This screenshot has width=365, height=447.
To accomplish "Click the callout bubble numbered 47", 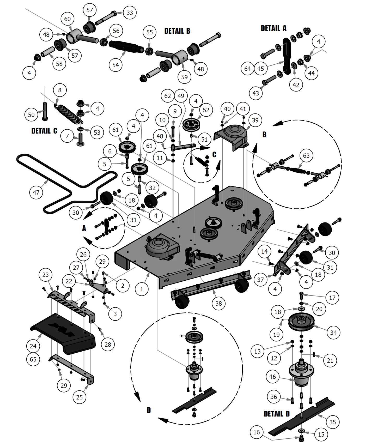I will (x=36, y=193).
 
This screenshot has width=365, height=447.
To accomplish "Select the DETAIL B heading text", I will (x=177, y=31).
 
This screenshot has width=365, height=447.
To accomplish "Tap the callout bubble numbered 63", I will (x=306, y=156).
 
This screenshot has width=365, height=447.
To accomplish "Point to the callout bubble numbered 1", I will (x=142, y=289).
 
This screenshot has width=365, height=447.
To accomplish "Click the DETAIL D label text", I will (x=277, y=414).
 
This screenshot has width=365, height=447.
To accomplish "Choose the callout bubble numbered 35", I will (x=333, y=422).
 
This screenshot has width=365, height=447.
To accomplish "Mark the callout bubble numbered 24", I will (x=33, y=346).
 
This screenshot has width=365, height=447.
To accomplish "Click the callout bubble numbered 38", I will (x=218, y=303).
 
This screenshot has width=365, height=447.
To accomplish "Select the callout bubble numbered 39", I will (x=255, y=120).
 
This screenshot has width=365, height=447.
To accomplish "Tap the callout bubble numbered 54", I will (x=115, y=65).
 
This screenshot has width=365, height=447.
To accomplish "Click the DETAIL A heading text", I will (x=273, y=28).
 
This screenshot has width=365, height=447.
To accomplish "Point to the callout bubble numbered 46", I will (x=272, y=377).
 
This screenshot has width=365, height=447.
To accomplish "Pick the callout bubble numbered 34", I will (x=333, y=333).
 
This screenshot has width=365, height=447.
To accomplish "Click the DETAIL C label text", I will (x=44, y=131).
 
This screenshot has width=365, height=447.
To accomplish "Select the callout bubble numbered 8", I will (x=60, y=90).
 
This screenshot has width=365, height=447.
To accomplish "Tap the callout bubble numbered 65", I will (x=33, y=359).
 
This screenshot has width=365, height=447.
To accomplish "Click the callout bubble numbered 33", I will (x=130, y=13).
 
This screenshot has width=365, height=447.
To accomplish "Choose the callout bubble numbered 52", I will (x=206, y=110).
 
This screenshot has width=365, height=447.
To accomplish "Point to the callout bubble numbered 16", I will (x=257, y=432).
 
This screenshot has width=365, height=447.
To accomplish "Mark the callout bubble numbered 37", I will (x=260, y=280).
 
